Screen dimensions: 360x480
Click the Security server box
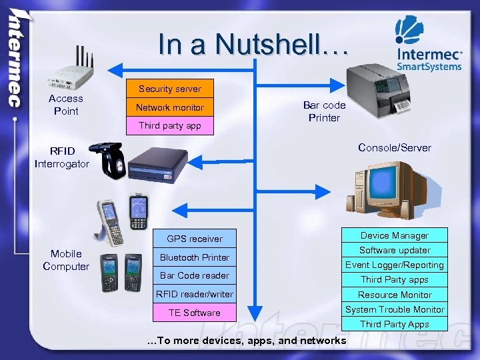170,89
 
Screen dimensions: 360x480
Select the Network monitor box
170,107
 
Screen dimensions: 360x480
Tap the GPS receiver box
195,239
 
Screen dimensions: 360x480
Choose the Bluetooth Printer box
195,257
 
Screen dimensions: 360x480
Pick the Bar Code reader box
195,275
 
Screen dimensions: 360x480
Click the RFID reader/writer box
195,294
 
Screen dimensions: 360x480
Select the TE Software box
195,313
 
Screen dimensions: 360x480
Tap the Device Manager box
395,235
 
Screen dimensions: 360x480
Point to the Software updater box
395,250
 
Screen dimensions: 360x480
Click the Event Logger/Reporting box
395,265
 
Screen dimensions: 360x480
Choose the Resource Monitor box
395,295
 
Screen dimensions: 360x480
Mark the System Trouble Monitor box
395,309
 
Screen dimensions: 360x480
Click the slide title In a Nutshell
253,45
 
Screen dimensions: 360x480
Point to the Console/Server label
395,147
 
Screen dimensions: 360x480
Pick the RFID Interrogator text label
61,157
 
